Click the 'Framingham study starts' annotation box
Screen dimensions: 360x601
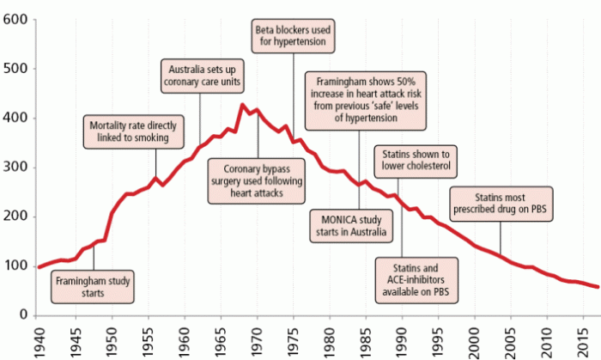click(x=92, y=286)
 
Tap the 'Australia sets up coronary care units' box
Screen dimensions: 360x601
click(x=203, y=76)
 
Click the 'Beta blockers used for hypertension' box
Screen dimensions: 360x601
click(x=294, y=35)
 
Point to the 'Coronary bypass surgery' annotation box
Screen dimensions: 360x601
click(x=260, y=181)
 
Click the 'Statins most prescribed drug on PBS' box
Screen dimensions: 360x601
click(x=500, y=202)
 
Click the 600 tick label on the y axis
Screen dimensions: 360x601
click(x=15, y=19)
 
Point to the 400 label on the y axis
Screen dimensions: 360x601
click(x=15, y=118)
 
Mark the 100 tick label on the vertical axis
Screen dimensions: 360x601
click(x=15, y=265)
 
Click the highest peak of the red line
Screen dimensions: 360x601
click(x=243, y=106)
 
